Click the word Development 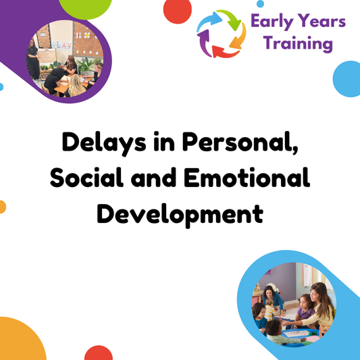click(179, 214)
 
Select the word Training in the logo click(299, 45)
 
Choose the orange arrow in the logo click(238, 42)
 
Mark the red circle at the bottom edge click(99, 355)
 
